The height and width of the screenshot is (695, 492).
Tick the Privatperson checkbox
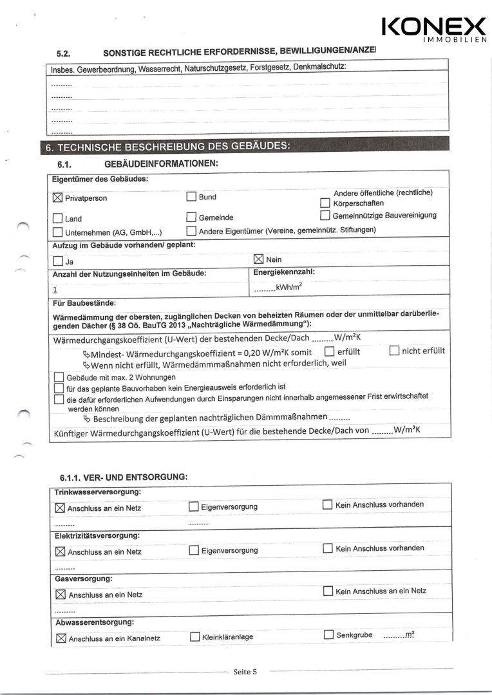click(x=57, y=198)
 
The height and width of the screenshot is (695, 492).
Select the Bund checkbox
click(x=191, y=197)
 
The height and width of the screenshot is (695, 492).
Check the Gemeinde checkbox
click(x=191, y=218)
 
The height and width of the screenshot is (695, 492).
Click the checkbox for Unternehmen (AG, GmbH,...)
click(x=57, y=232)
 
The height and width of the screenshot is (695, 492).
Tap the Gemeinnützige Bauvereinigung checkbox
click(x=325, y=215)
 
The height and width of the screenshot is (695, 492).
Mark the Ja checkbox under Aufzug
click(x=57, y=261)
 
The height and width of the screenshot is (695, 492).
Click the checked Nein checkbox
click(x=259, y=259)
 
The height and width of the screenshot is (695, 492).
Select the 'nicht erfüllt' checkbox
click(x=394, y=351)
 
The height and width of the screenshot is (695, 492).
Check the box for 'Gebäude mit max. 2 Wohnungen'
click(x=59, y=377)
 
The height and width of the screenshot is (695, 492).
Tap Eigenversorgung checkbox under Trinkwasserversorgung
click(x=194, y=506)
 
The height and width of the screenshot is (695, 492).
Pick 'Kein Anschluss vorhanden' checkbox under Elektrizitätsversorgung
click(x=328, y=548)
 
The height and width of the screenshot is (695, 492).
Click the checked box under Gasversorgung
click(x=61, y=595)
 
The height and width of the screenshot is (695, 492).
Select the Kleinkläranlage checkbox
click(x=194, y=637)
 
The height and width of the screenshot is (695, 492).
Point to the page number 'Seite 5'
click(x=245, y=672)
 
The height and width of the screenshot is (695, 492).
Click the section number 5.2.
click(x=63, y=53)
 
